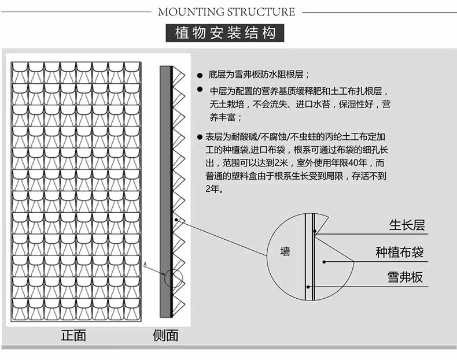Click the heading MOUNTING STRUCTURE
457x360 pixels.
(x=226, y=12)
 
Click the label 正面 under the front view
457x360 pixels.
(x=73, y=335)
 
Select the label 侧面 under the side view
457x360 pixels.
(x=165, y=335)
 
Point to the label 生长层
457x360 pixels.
(x=407, y=225)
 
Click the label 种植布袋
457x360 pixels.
(x=400, y=253)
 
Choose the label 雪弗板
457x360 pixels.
(x=405, y=277)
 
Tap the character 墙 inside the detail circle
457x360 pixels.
(x=285, y=252)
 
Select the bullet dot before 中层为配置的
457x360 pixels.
(x=200, y=91)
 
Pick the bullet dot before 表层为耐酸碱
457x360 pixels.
(x=200, y=138)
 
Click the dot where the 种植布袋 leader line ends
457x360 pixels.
(x=325, y=262)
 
